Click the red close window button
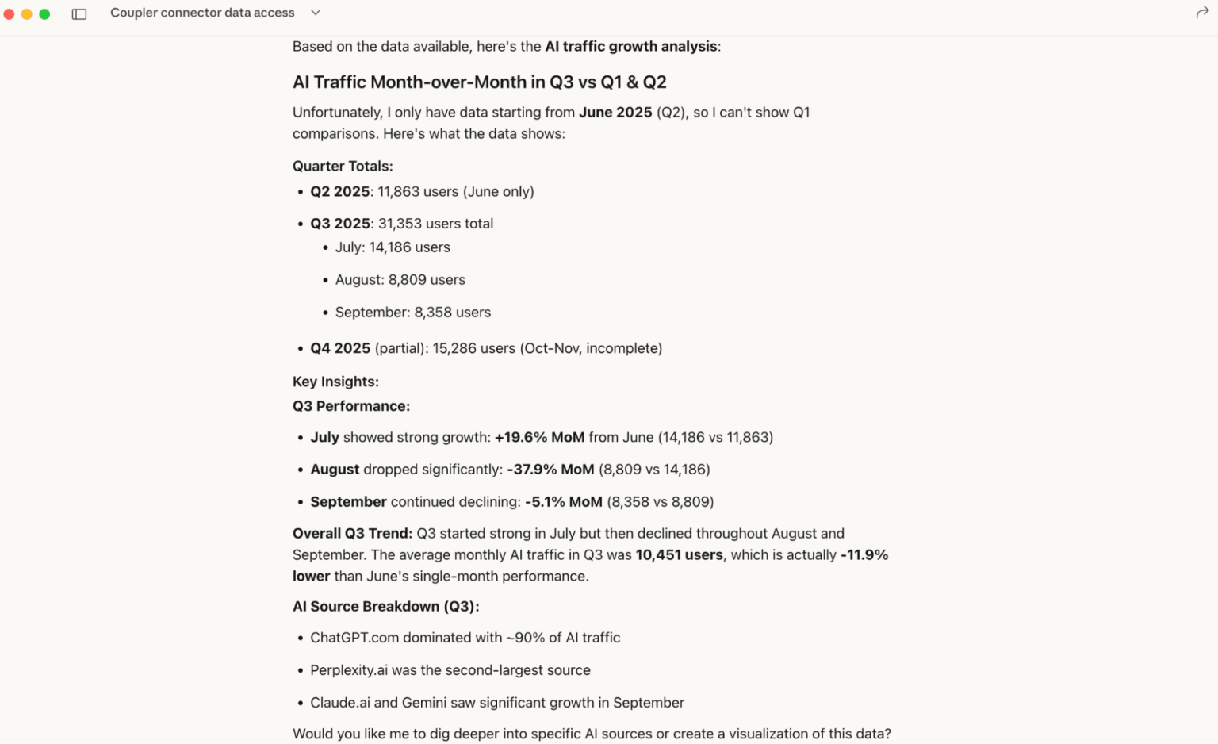tap(9, 13)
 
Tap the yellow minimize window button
tap(27, 13)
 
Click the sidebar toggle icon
tap(79, 13)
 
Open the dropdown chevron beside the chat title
tap(316, 13)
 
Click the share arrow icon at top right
tap(1201, 13)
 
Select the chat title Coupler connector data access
tap(202, 13)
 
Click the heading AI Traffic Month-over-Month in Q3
tap(479, 82)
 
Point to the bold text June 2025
tap(615, 113)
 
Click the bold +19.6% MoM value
tap(539, 437)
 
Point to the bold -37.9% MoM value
tap(550, 470)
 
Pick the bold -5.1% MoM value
tap(563, 502)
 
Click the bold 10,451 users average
tap(679, 555)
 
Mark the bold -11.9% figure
tap(864, 555)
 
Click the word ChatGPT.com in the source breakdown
tap(354, 638)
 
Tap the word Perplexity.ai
tap(349, 670)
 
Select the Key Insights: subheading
tap(335, 382)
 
